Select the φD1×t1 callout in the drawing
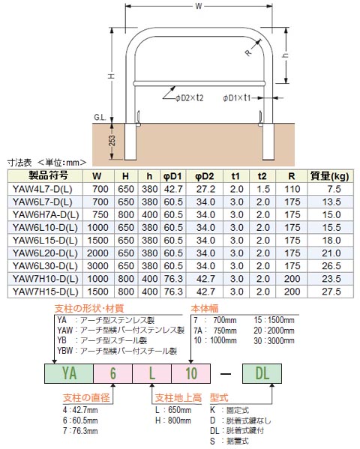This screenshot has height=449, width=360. click(242, 97)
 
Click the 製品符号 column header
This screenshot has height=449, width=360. click(43, 177)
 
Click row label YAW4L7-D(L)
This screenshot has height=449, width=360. click(42, 190)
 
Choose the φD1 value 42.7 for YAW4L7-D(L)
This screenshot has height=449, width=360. click(173, 190)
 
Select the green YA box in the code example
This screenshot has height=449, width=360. click(68, 373)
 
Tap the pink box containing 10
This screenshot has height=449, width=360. click(190, 373)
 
